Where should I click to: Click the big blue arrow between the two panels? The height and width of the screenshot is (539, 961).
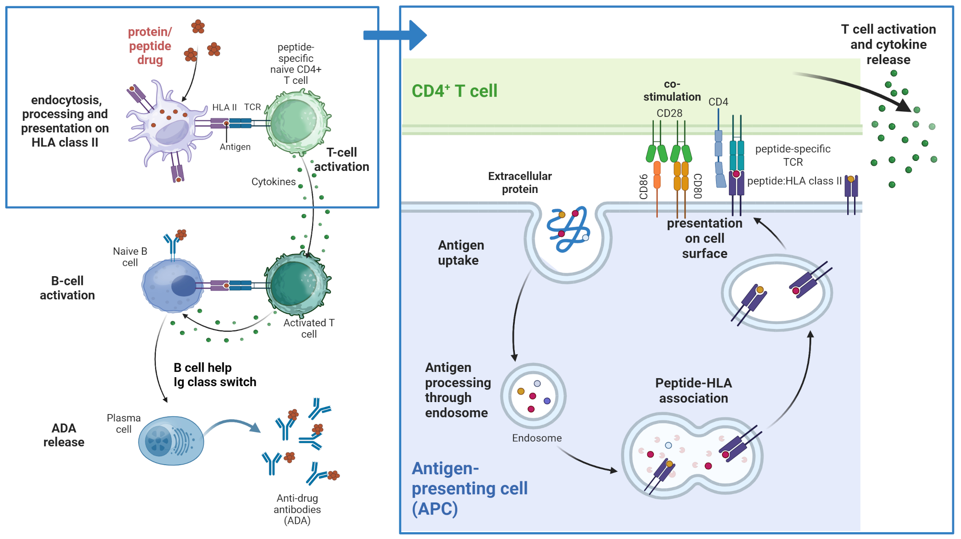[x=395, y=35]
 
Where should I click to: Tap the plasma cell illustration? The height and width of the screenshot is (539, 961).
[x=171, y=440]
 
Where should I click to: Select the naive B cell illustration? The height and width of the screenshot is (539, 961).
[x=172, y=285]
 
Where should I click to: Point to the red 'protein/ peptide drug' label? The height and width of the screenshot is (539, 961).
[x=150, y=46]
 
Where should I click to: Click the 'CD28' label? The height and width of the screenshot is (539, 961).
[x=669, y=113]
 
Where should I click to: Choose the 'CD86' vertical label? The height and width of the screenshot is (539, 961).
[x=644, y=187]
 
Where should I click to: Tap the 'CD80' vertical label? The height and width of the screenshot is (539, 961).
[x=698, y=186]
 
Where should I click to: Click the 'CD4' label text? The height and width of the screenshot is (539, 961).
[x=718, y=102]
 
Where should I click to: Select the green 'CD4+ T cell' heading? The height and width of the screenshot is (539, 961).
[x=454, y=91]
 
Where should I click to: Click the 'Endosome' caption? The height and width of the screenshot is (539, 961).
[x=536, y=438]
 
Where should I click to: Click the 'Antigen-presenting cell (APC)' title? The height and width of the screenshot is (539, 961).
[x=469, y=489]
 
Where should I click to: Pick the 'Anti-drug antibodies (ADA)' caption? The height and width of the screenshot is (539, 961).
[x=297, y=509]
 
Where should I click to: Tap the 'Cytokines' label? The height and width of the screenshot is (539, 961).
[x=273, y=182]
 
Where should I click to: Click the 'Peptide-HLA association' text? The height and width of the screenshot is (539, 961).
[x=693, y=390]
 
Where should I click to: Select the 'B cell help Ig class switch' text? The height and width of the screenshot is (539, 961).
[x=215, y=375]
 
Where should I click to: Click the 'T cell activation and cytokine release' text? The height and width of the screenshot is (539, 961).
[x=888, y=44]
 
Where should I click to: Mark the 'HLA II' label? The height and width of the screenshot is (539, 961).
[x=224, y=107]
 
